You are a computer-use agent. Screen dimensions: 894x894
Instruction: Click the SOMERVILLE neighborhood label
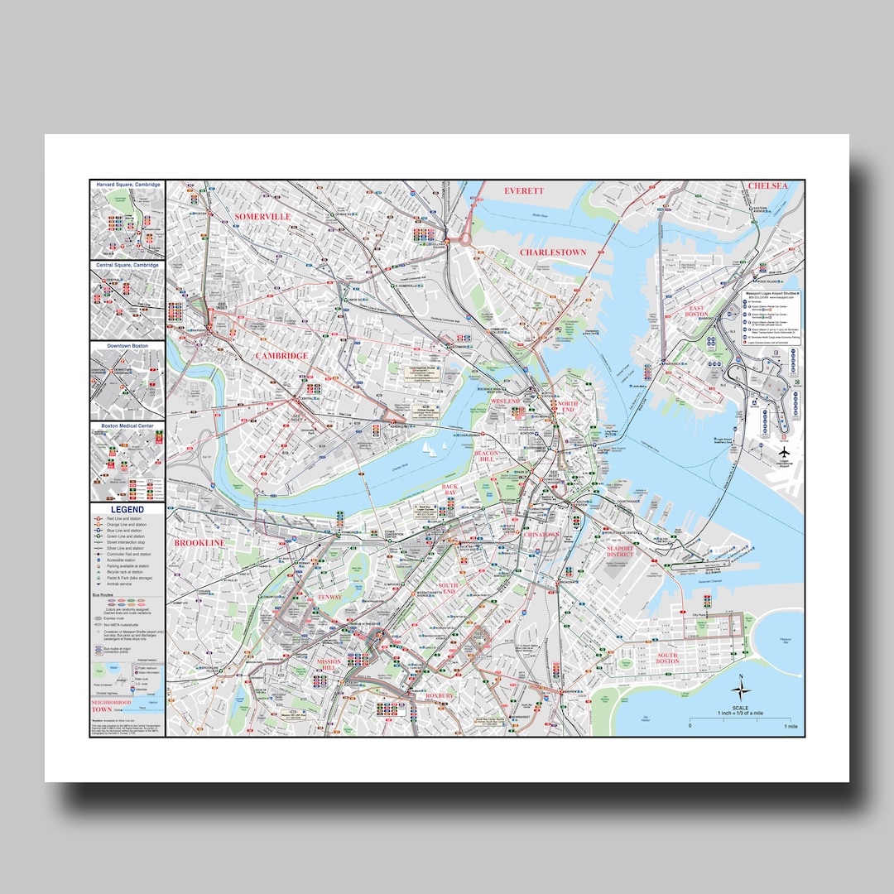(x=262, y=216)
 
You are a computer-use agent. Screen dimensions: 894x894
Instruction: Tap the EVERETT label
(x=524, y=190)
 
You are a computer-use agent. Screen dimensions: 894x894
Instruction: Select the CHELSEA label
(x=767, y=186)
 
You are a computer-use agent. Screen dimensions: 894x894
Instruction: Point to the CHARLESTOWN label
(x=553, y=252)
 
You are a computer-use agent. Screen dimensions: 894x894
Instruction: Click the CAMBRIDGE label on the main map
(x=281, y=355)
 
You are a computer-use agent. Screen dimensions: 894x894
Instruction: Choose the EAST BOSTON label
(x=696, y=312)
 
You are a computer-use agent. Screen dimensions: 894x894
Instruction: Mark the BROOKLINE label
(x=199, y=542)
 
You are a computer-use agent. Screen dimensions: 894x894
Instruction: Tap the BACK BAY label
(x=450, y=491)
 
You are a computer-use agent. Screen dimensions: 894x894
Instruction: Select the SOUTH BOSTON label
(x=667, y=659)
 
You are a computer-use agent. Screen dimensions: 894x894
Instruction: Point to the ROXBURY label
(x=440, y=696)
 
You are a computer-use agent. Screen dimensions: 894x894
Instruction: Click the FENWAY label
(x=329, y=597)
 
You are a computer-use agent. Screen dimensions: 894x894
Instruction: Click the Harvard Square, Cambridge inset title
(x=127, y=185)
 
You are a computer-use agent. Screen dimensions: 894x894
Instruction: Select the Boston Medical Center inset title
(x=127, y=425)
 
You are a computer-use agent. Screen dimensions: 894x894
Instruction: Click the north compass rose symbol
(x=742, y=685)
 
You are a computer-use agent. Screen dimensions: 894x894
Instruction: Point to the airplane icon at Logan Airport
(x=783, y=453)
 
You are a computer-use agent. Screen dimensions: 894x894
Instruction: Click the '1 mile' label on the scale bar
(x=791, y=726)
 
